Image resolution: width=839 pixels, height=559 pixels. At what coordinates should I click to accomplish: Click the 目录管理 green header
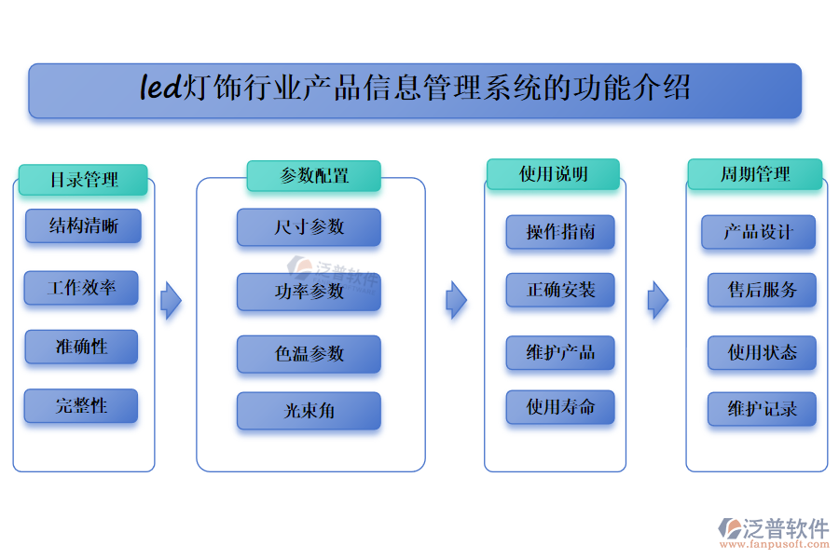(83, 180)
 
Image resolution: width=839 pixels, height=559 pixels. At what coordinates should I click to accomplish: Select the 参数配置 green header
(313, 176)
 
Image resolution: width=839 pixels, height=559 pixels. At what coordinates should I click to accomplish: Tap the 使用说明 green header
(553, 174)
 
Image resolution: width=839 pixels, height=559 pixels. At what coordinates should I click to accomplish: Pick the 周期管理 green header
(754, 174)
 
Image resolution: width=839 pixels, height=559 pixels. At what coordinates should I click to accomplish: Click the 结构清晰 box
(83, 226)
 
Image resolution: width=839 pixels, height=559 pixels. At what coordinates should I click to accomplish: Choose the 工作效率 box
(81, 288)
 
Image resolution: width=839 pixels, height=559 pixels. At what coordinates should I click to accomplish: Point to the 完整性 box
(81, 405)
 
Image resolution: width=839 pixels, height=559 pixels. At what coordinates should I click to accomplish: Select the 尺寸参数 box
(309, 227)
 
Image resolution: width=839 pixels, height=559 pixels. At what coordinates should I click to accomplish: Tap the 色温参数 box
(309, 354)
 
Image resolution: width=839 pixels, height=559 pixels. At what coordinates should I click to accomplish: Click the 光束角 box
(309, 411)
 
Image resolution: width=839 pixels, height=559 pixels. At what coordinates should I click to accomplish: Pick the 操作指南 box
(559, 232)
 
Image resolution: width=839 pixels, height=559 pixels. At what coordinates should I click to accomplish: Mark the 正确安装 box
(559, 290)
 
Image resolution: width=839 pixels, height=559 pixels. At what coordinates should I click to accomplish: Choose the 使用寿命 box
(559, 407)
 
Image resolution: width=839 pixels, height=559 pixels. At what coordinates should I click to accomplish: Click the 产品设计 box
(758, 232)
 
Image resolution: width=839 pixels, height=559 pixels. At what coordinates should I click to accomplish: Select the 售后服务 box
(762, 290)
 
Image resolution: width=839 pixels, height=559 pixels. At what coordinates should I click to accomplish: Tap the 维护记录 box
(762, 409)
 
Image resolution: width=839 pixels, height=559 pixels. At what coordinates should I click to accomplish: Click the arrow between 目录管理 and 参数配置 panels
(171, 300)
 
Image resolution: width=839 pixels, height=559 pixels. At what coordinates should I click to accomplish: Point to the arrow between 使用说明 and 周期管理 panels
(658, 300)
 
